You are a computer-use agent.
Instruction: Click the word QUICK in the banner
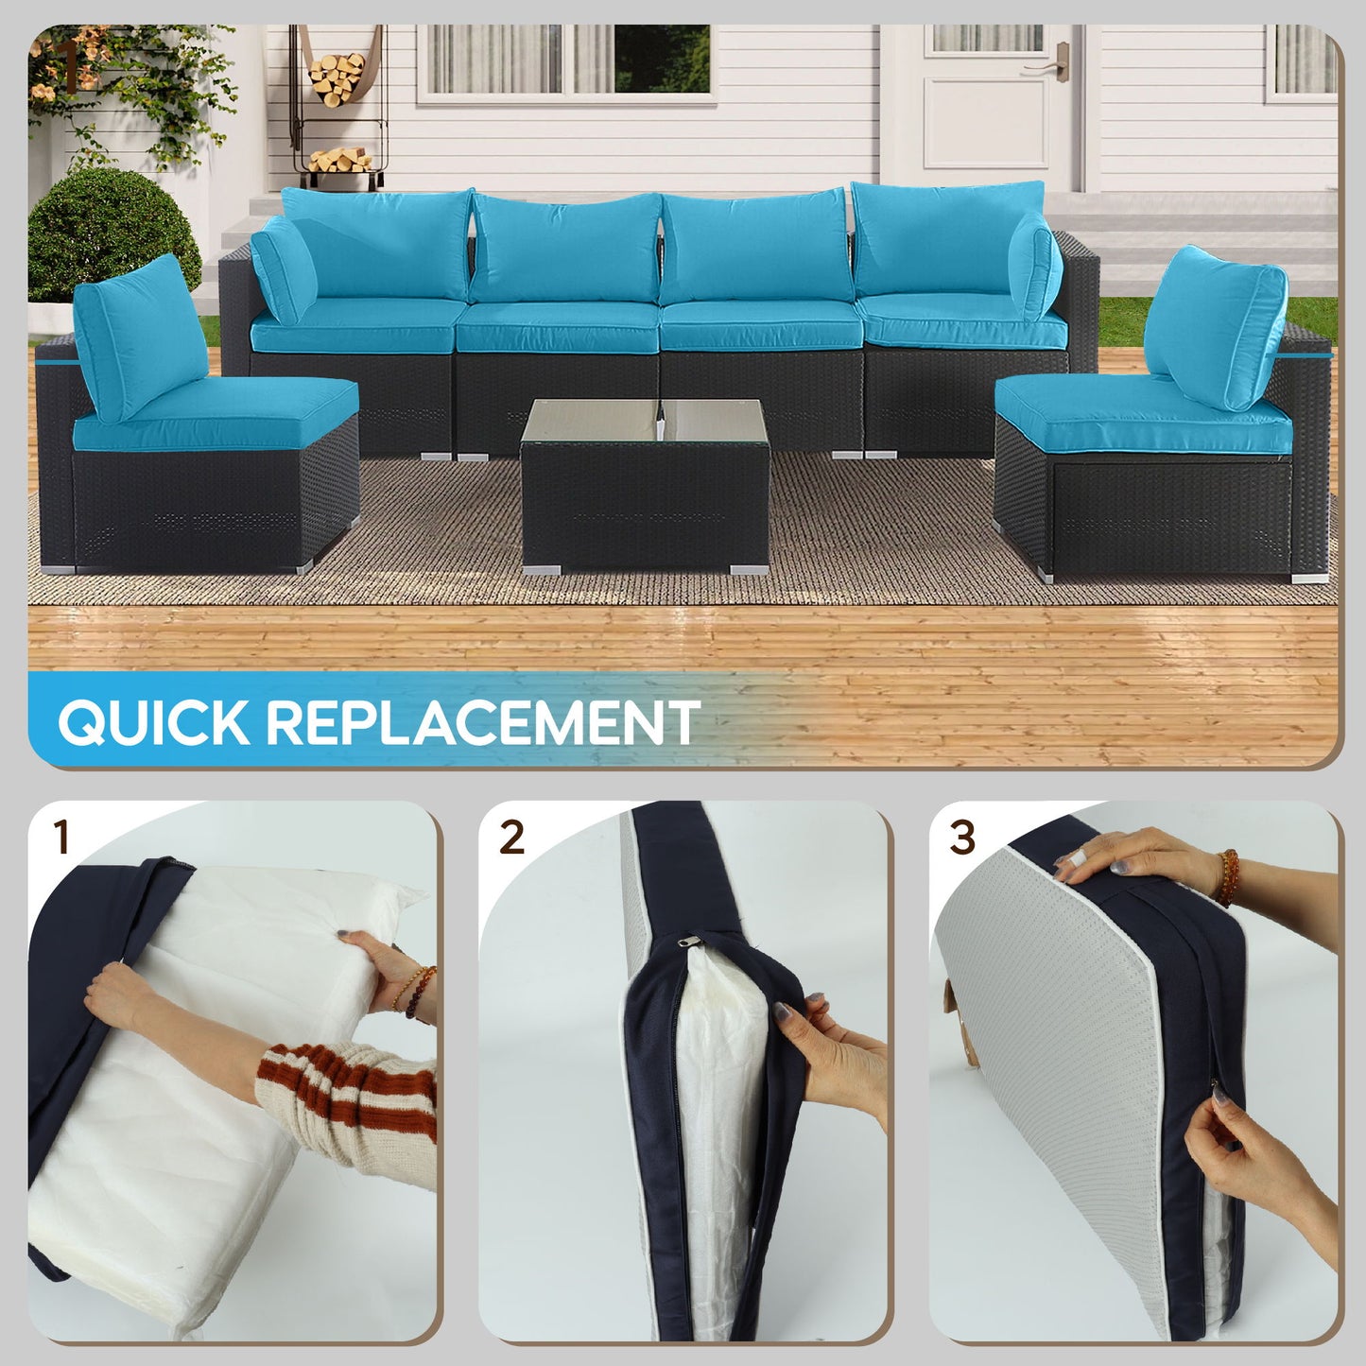coord(154,722)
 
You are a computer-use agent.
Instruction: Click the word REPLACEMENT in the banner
coord(482,722)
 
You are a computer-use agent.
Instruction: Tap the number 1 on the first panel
coord(62,837)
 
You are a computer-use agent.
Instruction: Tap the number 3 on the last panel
coord(961,837)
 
